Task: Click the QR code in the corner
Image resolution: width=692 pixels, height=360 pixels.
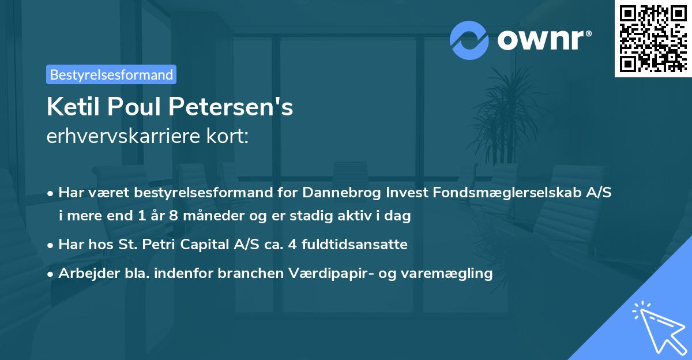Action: [x=653, y=39]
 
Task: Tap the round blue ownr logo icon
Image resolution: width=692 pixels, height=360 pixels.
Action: [x=469, y=40]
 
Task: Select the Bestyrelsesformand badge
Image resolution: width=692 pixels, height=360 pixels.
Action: [x=111, y=74]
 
